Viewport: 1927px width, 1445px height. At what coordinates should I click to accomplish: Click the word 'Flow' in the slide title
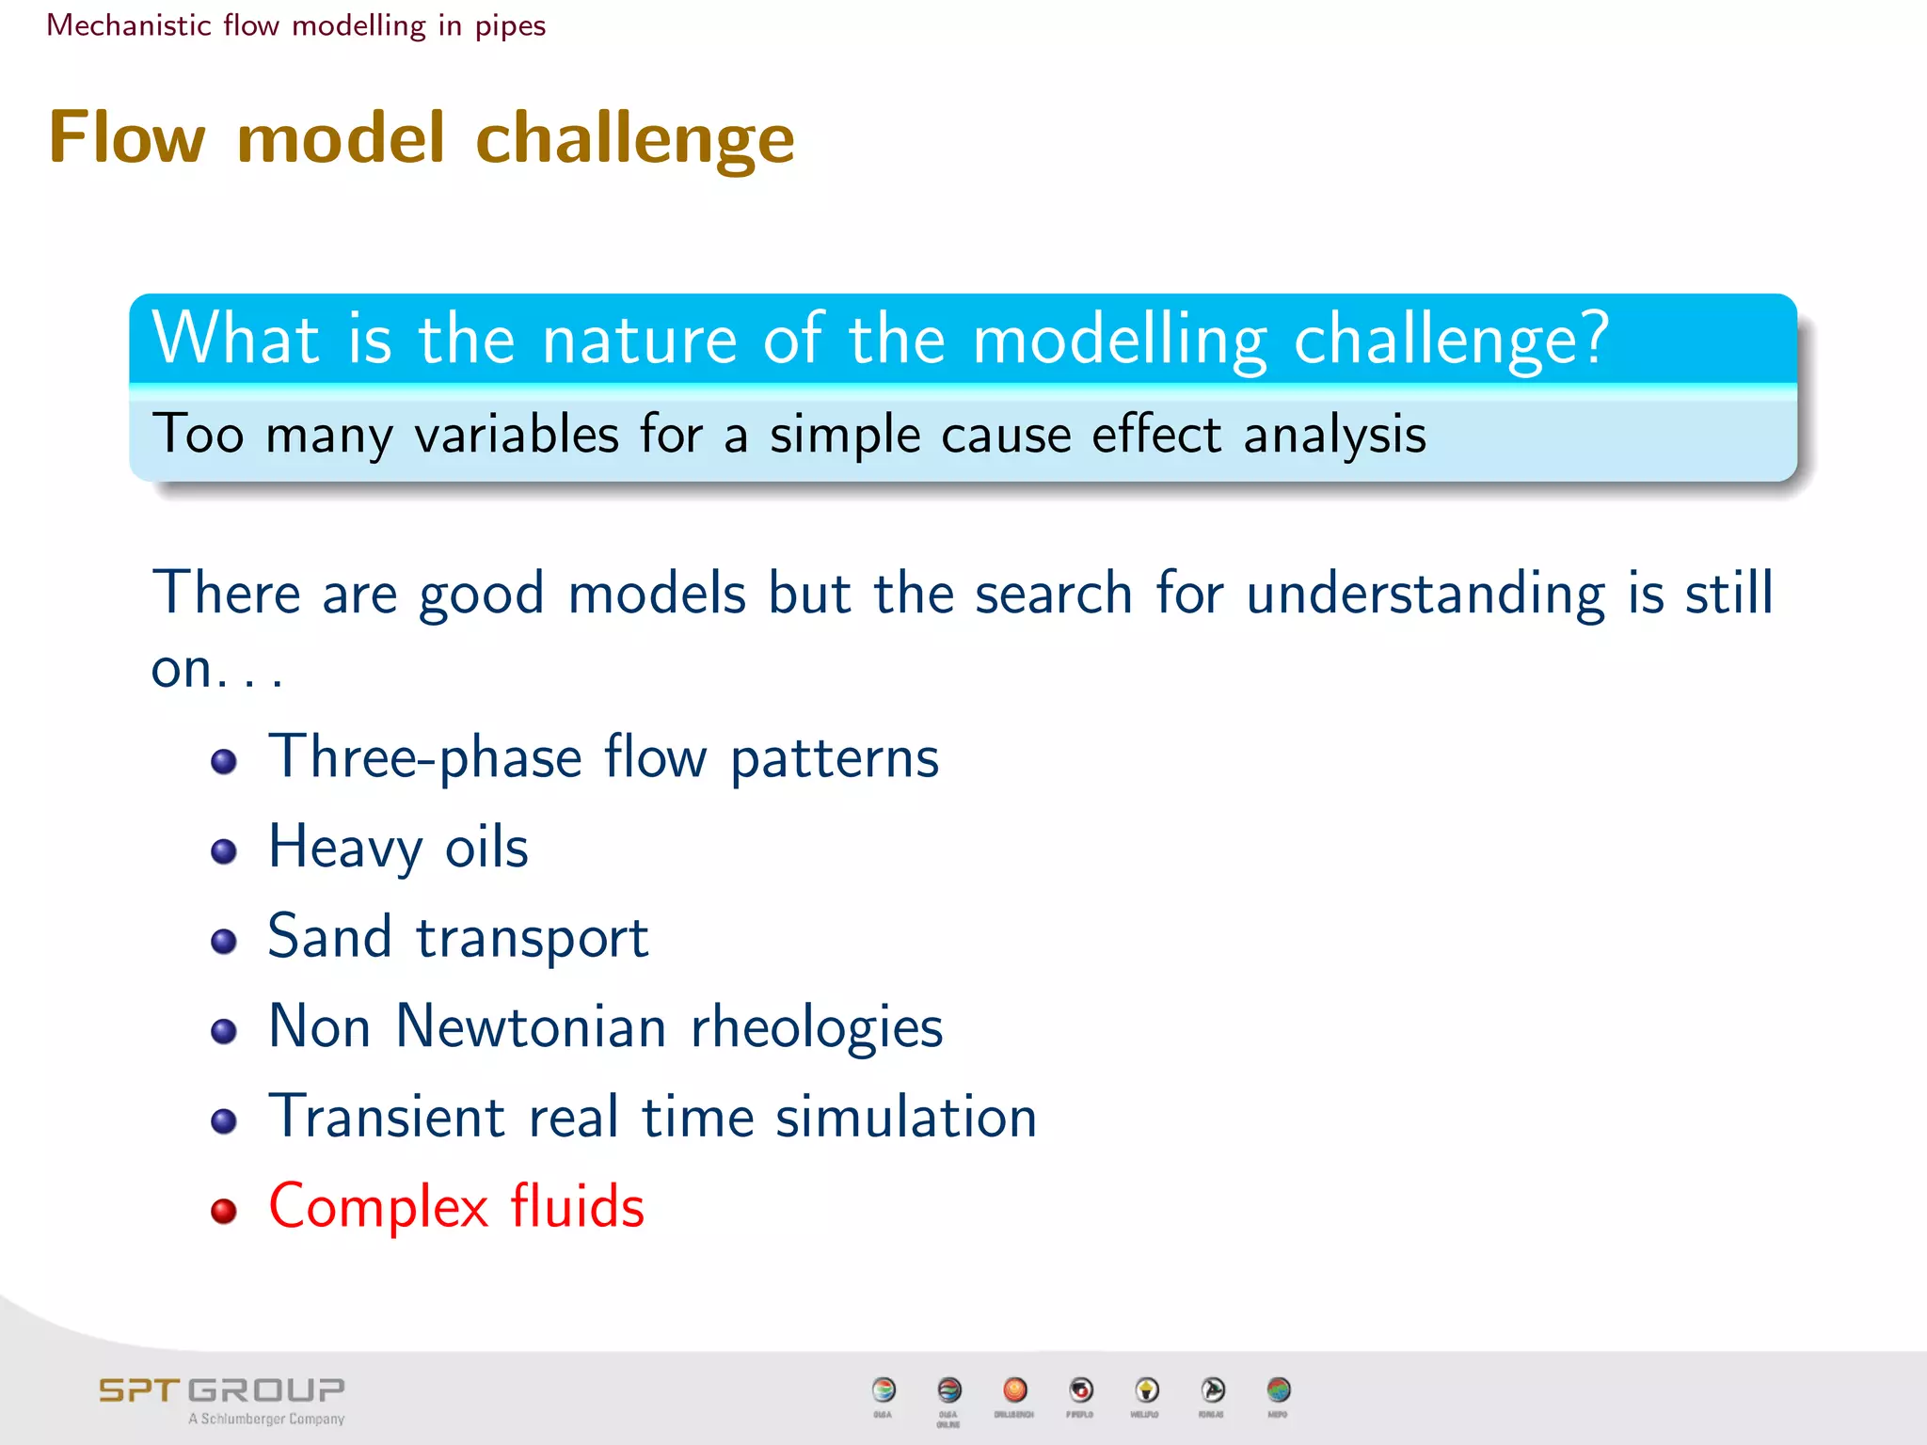coord(126,138)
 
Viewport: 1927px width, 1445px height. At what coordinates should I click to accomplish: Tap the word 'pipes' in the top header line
coord(510,25)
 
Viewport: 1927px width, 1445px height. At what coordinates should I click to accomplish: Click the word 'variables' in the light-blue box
coord(517,435)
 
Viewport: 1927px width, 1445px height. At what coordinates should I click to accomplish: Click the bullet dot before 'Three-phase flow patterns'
coord(224,761)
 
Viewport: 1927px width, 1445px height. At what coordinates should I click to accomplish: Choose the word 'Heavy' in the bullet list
coord(345,848)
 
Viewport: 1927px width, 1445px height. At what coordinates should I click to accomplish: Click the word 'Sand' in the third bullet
coord(329,937)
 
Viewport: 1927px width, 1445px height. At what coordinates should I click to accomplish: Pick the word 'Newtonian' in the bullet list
coord(531,1026)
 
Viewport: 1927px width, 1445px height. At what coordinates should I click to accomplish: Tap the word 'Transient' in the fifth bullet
coord(387,1117)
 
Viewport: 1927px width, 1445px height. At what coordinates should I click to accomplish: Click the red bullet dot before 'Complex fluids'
coord(224,1211)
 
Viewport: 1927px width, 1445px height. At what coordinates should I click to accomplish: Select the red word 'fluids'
coord(578,1207)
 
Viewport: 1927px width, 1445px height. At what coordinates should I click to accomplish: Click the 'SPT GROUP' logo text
coord(222,1389)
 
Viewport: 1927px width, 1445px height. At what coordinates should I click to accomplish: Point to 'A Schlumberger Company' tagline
coord(266,1419)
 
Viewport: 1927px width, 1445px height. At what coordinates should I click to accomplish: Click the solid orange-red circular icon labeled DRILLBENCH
coord(1014,1389)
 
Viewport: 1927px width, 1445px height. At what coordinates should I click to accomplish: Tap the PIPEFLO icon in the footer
coord(1081,1389)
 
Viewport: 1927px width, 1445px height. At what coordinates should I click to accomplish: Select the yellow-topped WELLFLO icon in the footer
coord(1146,1389)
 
